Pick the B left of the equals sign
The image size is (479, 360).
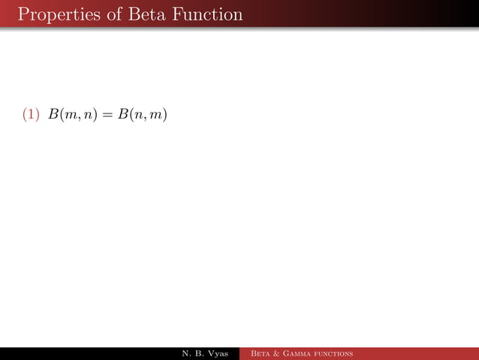pos(53,115)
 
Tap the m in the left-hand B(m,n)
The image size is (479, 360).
pos(70,116)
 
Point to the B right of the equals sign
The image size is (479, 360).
pos(122,115)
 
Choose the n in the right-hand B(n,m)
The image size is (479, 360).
pos(138,116)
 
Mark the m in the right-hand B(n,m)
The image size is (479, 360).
pos(155,116)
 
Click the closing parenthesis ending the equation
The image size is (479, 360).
pos(164,116)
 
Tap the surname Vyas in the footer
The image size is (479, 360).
pos(217,353)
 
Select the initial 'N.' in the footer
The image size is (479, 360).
pos(186,353)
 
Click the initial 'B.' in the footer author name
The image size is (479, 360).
pos(198,353)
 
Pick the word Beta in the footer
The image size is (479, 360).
pos(262,353)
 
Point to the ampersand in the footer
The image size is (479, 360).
pos(280,353)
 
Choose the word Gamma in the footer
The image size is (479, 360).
pos(300,353)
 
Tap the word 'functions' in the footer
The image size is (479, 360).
pos(335,353)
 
